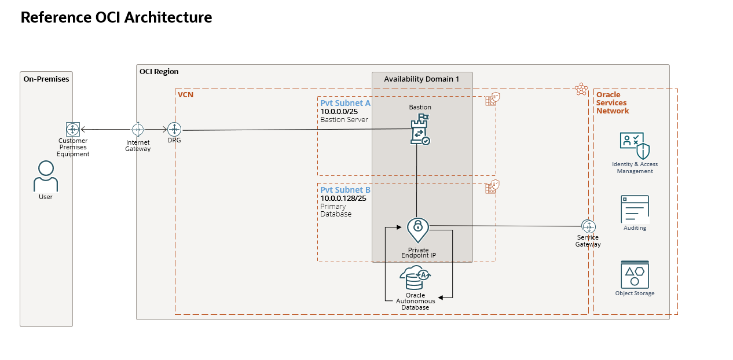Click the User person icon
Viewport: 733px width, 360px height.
(46, 177)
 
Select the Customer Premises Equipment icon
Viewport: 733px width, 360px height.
(72, 129)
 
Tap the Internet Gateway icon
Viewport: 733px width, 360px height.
(138, 129)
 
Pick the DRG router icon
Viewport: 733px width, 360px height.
(174, 130)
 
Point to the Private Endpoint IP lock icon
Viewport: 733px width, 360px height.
(417, 230)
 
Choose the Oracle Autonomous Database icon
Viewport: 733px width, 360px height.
(415, 278)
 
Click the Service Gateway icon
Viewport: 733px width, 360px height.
(588, 226)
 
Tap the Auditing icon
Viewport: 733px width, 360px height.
(635, 209)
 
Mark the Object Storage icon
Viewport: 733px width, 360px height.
(635, 274)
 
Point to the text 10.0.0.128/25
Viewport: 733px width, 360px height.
(343, 199)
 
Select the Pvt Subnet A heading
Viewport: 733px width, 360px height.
(345, 103)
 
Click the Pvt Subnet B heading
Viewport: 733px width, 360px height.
(345, 190)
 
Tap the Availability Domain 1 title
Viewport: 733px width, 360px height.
(422, 79)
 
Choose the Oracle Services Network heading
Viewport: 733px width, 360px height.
(612, 102)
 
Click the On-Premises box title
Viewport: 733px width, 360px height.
(46, 79)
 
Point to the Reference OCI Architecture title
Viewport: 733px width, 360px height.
(116, 17)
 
